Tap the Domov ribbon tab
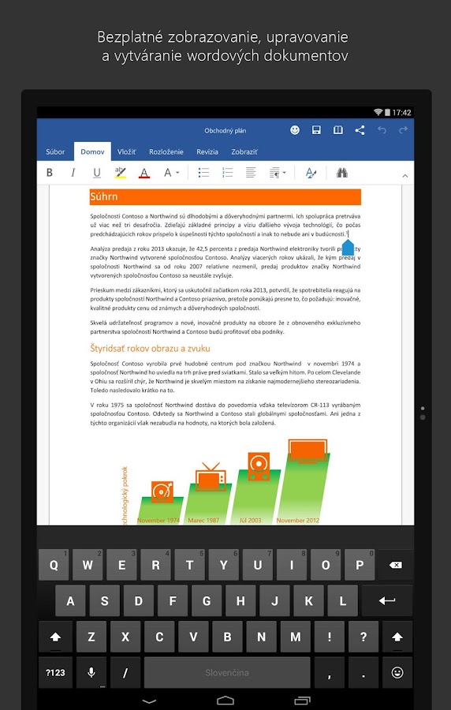(x=92, y=151)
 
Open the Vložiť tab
(x=126, y=151)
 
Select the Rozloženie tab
(x=166, y=151)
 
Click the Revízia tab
(x=207, y=151)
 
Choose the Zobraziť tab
(x=244, y=151)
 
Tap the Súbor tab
(x=55, y=151)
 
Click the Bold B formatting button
(x=50, y=173)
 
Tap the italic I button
(x=73, y=173)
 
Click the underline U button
(x=97, y=173)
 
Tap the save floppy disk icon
(x=316, y=130)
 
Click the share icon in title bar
(x=360, y=130)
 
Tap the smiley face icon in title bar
(x=295, y=130)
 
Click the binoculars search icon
(x=342, y=173)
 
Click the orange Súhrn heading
(x=225, y=196)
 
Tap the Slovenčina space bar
(x=227, y=673)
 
